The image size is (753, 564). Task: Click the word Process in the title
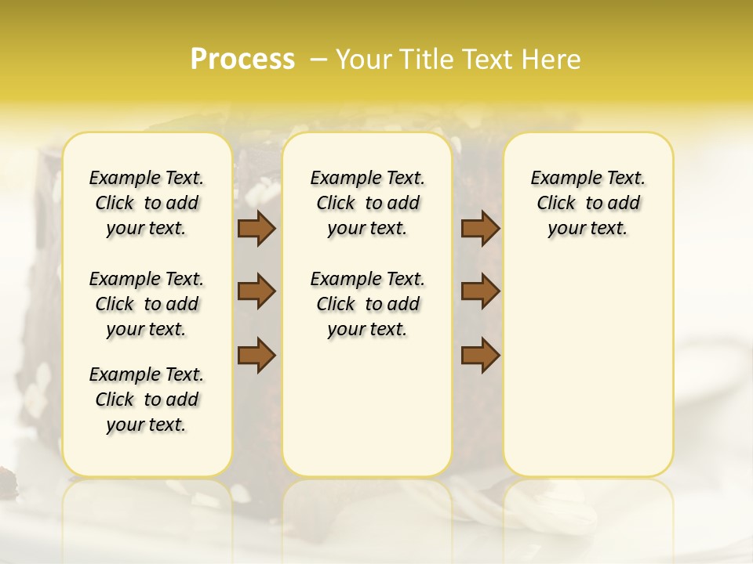242,60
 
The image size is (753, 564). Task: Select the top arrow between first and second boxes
256,229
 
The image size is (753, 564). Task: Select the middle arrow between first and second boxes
256,292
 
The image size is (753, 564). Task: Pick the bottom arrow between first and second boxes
256,355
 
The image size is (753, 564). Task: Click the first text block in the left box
147,203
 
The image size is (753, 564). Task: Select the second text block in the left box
147,304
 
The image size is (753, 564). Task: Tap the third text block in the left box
147,399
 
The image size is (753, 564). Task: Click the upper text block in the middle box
367,203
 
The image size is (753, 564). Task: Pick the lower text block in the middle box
367,304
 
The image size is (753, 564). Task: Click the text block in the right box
587,203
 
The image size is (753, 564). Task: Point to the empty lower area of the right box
587,376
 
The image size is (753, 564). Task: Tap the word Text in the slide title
486,60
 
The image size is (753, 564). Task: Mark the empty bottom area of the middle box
367,415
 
